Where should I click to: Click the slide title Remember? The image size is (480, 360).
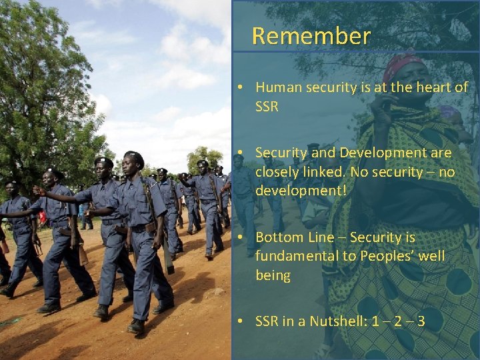(x=311, y=36)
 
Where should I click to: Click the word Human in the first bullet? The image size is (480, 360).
(x=276, y=87)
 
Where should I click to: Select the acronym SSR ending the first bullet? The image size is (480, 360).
(x=267, y=107)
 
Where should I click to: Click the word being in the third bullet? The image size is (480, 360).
(x=273, y=275)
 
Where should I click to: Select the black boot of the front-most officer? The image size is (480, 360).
(x=136, y=326)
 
